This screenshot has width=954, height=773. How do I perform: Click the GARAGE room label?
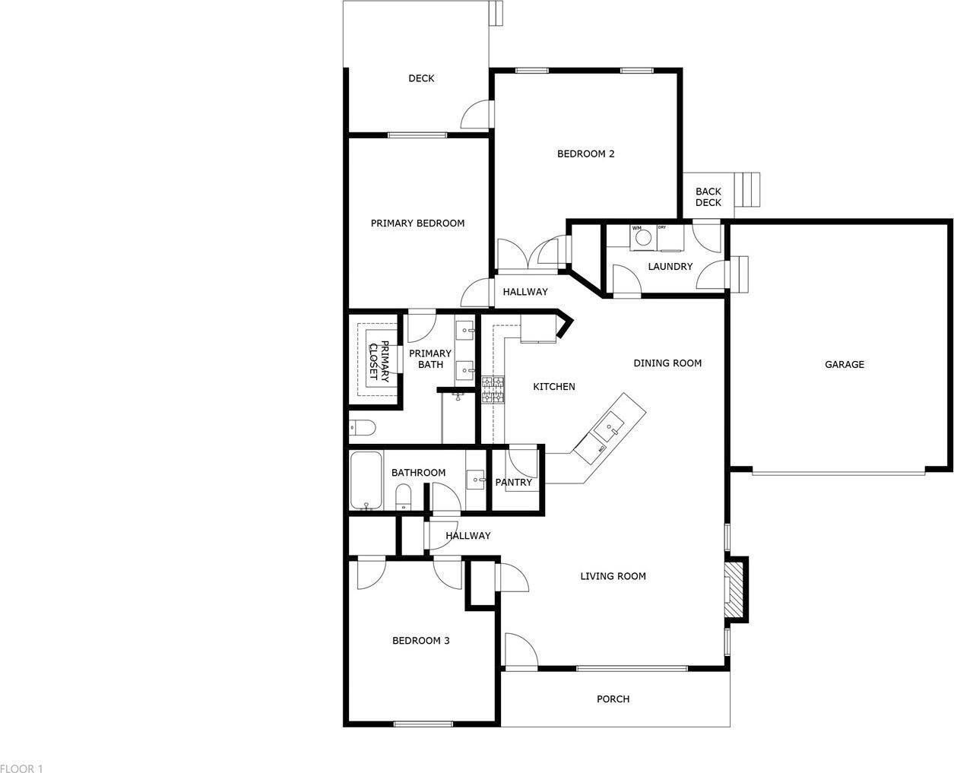coord(844,365)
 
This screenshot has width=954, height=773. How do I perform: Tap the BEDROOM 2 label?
coord(585,154)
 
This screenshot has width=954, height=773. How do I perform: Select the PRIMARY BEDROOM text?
coord(417,223)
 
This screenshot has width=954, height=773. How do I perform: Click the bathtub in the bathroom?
coord(366,481)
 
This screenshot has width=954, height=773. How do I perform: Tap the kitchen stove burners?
coord(493,390)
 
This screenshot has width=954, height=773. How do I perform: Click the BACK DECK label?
coord(708,197)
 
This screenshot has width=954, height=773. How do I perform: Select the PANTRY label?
coord(514,483)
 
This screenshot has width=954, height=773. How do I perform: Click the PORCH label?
coord(613,699)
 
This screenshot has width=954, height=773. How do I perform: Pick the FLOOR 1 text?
coord(22,769)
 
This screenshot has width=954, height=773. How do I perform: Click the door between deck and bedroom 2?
coord(477,114)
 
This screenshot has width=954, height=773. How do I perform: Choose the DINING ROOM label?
coord(667,363)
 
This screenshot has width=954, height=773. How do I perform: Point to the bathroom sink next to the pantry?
coord(476,480)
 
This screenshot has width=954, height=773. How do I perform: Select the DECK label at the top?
coord(421,78)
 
